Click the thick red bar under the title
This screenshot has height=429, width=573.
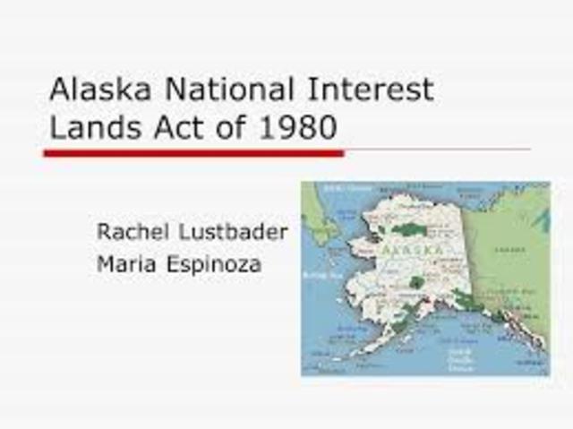pyautogui.click(x=193, y=154)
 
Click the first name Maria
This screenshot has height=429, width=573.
pyautogui.click(x=125, y=265)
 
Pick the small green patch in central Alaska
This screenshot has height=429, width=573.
pyautogui.click(x=415, y=283)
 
